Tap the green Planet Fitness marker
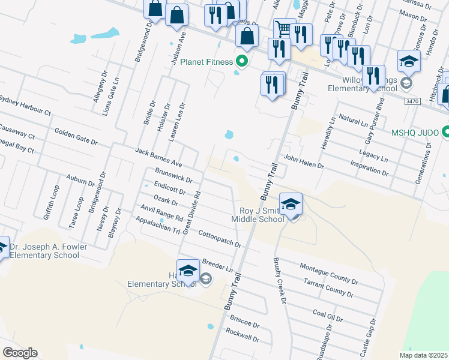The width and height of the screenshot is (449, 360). click(242, 61)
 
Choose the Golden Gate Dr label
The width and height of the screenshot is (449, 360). click(76, 136)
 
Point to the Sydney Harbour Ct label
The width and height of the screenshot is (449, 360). click(25, 104)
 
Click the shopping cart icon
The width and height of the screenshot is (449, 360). click(284, 28)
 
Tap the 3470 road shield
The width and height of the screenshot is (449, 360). click(411, 102)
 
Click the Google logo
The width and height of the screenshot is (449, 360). click(20, 353)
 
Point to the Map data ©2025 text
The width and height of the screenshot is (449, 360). click(423, 355)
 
